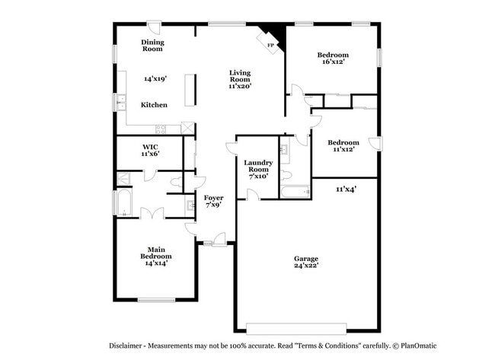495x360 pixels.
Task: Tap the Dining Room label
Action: click(152, 46)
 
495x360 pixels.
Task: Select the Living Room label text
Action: click(240, 75)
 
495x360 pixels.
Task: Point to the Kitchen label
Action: click(153, 105)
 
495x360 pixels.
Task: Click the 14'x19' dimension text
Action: click(155, 78)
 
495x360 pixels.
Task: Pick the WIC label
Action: click(149, 146)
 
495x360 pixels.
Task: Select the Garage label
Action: click(306, 258)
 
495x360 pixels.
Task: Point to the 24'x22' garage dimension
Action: click(306, 266)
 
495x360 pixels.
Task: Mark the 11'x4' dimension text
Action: click(346, 188)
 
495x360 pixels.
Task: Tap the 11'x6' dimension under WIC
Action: click(149, 154)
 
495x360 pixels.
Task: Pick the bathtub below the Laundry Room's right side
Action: click(294, 190)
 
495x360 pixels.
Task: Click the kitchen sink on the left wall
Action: click(120, 101)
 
